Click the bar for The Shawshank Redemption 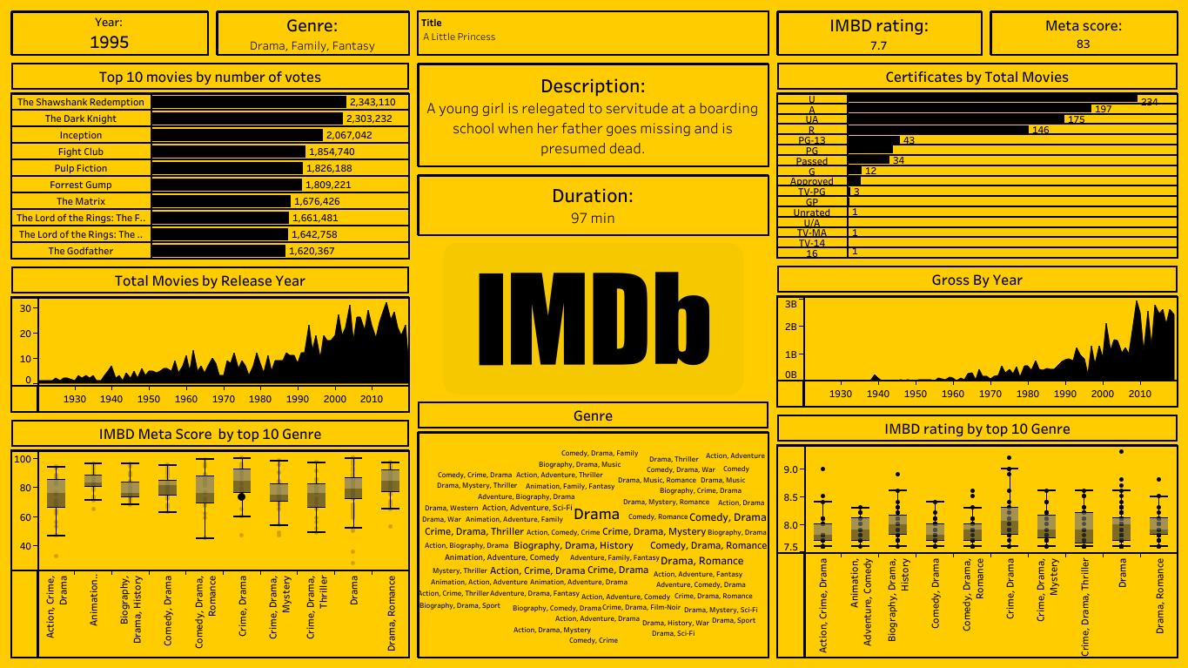tap(249, 102)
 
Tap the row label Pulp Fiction tap(81, 168)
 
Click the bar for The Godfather tap(218, 251)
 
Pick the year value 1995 tap(110, 42)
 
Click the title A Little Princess tap(459, 37)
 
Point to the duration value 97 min tap(592, 218)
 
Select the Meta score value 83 tap(1083, 44)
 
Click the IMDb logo tap(593, 318)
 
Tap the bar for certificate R tap(937, 130)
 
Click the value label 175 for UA tap(1076, 119)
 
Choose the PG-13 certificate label tap(812, 140)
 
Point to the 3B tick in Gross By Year tap(791, 304)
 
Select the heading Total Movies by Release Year tap(210, 280)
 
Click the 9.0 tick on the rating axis tap(790, 469)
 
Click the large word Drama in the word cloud tap(596, 514)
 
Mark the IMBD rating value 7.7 tap(878, 45)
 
